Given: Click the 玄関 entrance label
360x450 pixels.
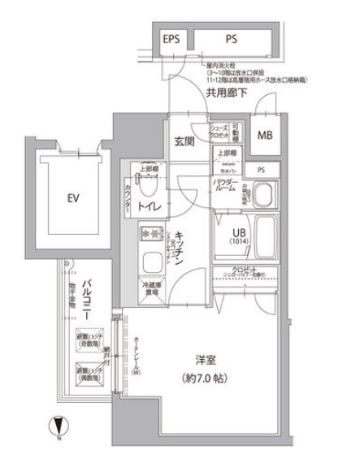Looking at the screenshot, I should click(183, 141).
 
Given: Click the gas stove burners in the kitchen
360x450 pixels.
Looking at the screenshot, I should click(150, 235).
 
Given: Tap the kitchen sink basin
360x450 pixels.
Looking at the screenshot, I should click(150, 263).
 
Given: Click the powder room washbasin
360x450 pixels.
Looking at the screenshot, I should click(262, 196).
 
